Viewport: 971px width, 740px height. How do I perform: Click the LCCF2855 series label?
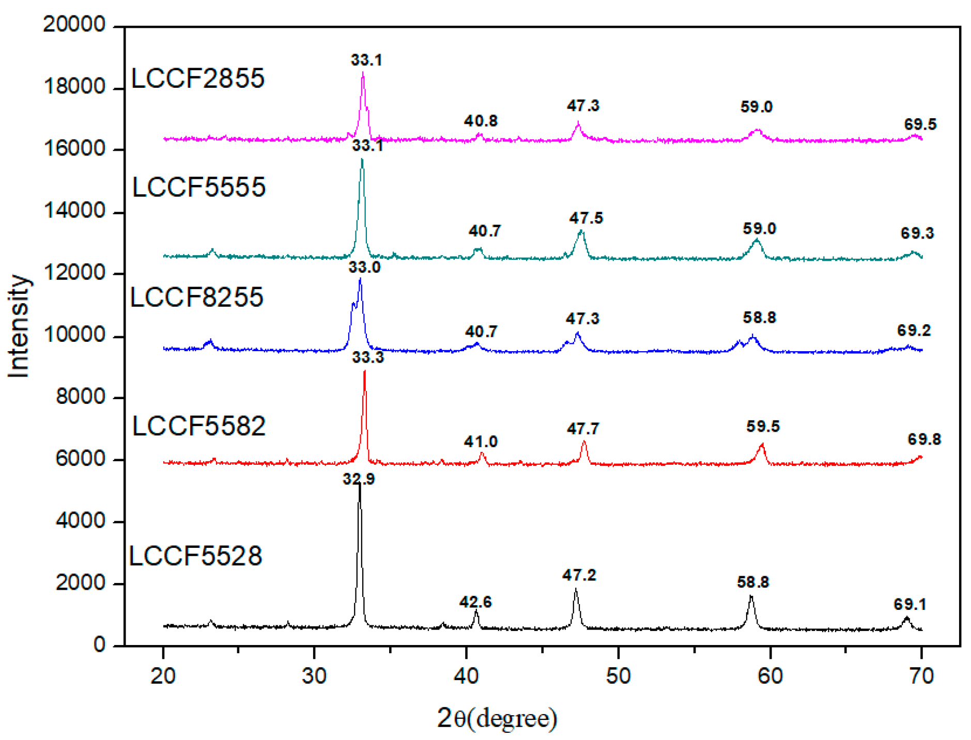click(x=198, y=78)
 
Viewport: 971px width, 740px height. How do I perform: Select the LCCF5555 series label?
click(x=199, y=187)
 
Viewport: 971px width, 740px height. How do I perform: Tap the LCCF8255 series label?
click(x=197, y=297)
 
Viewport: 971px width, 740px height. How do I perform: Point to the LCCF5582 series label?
click(x=199, y=427)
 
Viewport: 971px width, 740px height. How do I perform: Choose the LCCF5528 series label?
click(x=195, y=556)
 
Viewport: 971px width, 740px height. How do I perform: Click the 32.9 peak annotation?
click(x=359, y=479)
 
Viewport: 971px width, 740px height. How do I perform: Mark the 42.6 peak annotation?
click(x=475, y=602)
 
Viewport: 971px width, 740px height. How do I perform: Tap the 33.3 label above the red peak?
click(x=368, y=357)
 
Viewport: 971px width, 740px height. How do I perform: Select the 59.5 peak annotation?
click(x=763, y=427)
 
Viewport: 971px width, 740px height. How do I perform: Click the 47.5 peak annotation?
click(x=586, y=218)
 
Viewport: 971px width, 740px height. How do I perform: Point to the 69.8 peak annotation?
click(x=924, y=439)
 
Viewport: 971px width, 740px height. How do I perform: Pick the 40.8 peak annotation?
click(x=481, y=121)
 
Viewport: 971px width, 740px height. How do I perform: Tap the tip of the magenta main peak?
click(x=363, y=73)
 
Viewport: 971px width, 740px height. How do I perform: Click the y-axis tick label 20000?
click(x=74, y=24)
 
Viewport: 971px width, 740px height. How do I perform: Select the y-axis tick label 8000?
click(x=80, y=397)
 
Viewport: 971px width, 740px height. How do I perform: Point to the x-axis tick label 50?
click(x=618, y=675)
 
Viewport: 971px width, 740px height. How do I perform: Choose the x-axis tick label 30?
click(x=314, y=675)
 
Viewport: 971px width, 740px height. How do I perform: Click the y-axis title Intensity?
click(x=19, y=326)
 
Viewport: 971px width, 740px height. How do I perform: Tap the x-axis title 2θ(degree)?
click(x=497, y=718)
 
